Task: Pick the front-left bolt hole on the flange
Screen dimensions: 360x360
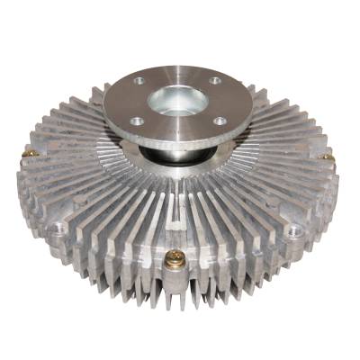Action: (x=135, y=121)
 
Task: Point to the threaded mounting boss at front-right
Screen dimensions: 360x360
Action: (x=293, y=232)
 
